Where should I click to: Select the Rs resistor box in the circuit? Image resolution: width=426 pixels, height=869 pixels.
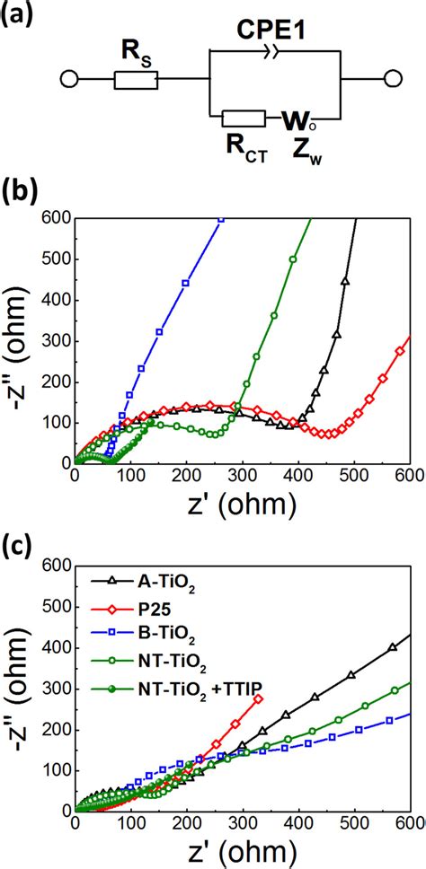[x=137, y=81]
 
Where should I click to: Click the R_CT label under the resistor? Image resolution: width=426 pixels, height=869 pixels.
[x=244, y=142]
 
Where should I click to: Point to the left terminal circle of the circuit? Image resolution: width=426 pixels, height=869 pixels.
[x=69, y=81]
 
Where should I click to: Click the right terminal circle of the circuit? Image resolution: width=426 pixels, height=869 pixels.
[x=391, y=81]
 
